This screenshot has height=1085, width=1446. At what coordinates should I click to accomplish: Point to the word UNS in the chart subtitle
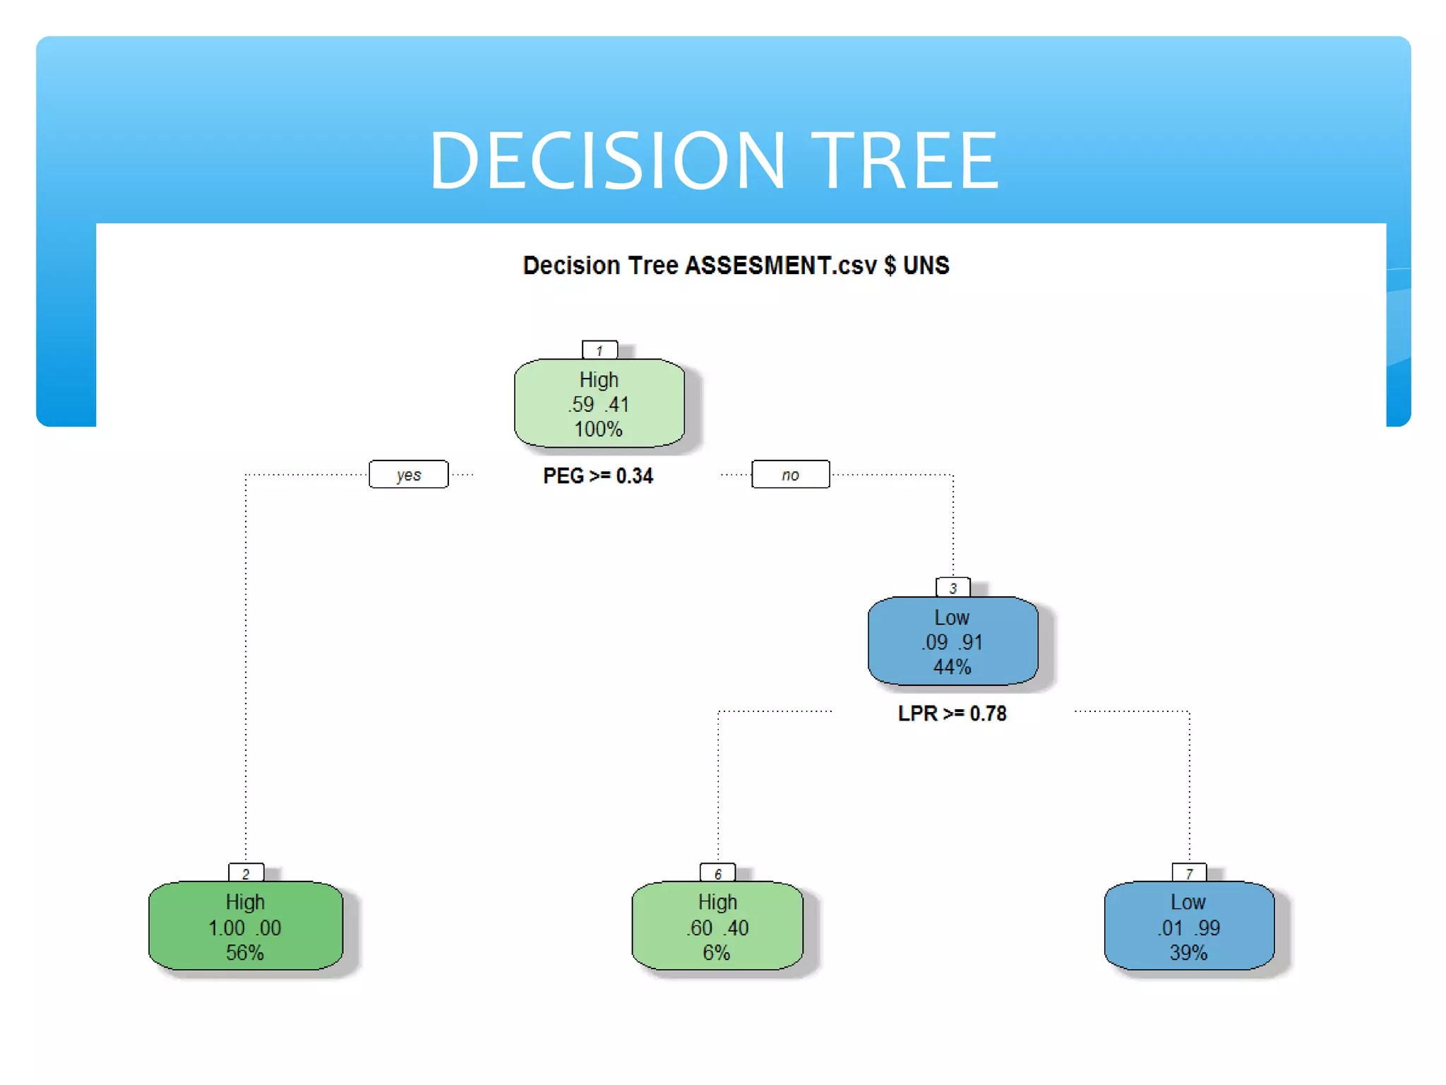(x=926, y=266)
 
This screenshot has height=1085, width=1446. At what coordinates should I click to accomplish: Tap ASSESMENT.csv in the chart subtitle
(x=781, y=266)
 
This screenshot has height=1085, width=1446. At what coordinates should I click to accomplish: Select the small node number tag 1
(x=599, y=350)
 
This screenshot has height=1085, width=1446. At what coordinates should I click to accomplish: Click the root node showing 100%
(x=599, y=403)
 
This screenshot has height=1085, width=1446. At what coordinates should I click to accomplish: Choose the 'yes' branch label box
(x=409, y=475)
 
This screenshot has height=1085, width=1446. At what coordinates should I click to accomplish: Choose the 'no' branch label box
(x=790, y=475)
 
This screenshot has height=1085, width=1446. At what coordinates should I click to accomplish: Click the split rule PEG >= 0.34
(x=598, y=476)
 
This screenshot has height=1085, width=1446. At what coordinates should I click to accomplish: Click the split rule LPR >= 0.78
(x=952, y=713)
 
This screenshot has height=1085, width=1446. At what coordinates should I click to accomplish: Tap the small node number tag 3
(x=952, y=588)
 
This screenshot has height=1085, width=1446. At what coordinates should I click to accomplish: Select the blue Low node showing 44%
(x=952, y=641)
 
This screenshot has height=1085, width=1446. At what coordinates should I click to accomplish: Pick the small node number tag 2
(x=246, y=874)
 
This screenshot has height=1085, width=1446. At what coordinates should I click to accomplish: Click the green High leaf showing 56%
(x=246, y=926)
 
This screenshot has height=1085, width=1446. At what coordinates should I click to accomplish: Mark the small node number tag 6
(x=717, y=874)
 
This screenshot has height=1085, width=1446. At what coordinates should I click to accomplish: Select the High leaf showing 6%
(x=717, y=926)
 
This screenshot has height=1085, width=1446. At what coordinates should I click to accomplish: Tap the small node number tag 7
(x=1189, y=874)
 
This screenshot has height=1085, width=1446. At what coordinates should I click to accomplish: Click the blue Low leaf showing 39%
(x=1189, y=926)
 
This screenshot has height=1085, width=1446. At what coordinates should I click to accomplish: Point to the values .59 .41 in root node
(x=599, y=405)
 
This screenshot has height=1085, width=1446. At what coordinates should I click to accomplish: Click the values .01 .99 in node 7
(x=1189, y=927)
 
